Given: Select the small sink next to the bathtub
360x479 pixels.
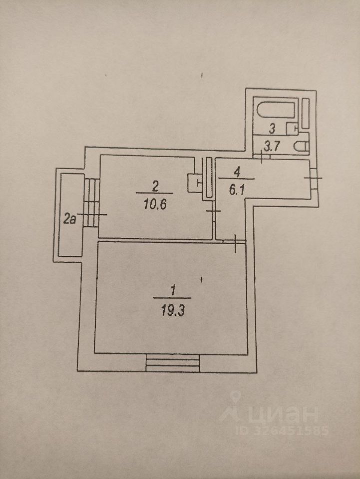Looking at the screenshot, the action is click(292, 129).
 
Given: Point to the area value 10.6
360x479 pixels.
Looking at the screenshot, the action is click(154, 204).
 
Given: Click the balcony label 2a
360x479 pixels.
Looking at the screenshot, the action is click(70, 218).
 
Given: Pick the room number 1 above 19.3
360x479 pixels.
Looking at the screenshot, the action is click(173, 289).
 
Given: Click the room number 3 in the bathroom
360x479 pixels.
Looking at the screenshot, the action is click(272, 128).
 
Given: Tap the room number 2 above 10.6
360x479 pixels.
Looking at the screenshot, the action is click(155, 187).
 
